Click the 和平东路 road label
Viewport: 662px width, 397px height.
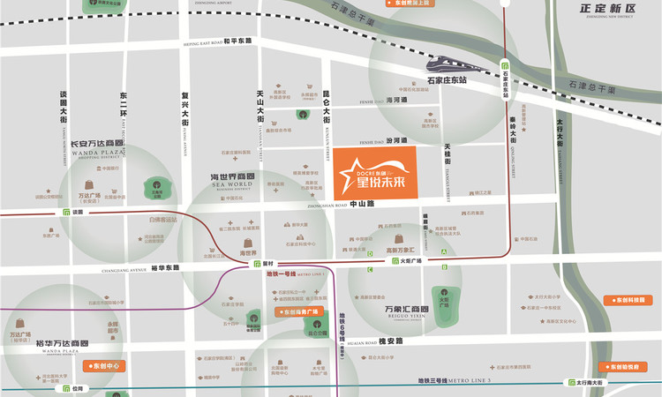coord(237,41)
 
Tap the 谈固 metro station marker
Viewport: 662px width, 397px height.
coord(67,213)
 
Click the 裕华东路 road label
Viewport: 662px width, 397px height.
coord(165,268)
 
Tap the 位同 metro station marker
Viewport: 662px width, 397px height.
coord(66,388)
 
